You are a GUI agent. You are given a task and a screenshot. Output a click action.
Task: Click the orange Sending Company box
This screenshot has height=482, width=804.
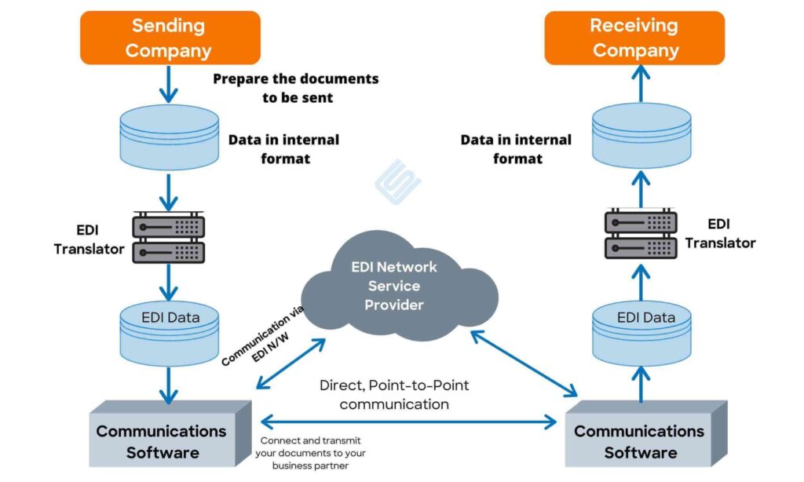(170, 38)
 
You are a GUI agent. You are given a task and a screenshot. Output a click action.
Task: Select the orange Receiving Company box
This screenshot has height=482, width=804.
(634, 38)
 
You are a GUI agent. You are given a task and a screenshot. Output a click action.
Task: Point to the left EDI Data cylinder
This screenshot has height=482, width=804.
(170, 333)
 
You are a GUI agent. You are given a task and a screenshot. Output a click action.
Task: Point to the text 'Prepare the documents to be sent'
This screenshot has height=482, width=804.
(296, 88)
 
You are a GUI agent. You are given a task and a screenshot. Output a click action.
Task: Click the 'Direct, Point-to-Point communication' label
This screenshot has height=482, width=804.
(394, 395)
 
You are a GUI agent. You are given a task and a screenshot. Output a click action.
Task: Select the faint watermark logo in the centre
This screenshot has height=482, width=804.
(397, 181)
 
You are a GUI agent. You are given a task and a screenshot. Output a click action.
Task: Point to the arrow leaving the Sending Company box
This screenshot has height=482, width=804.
(170, 82)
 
